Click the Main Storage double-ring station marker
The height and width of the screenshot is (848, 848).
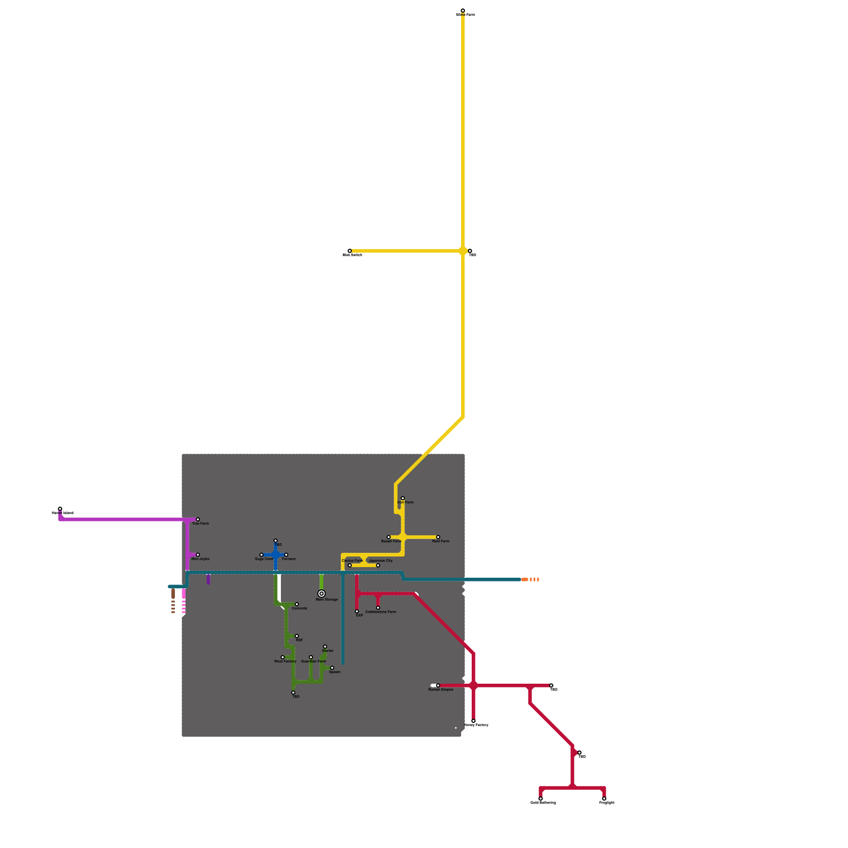tap(321, 594)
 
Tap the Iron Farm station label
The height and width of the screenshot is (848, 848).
tap(406, 502)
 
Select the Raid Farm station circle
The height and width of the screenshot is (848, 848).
tap(438, 537)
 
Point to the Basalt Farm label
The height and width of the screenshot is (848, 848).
tap(391, 541)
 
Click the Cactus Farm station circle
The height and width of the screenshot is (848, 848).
tap(350, 566)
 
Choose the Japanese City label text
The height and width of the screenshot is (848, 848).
tap(381, 561)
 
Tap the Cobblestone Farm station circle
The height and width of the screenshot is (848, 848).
tap(378, 608)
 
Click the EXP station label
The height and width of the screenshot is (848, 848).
tap(359, 615)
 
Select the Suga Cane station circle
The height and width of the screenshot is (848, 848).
tap(261, 555)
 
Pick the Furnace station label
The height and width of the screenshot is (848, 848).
tap(289, 559)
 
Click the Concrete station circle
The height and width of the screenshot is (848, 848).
tap(297, 604)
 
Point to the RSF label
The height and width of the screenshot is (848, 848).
tap(299, 640)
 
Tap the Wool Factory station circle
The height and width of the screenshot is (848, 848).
tap(282, 657)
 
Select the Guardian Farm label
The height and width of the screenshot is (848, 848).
tap(314, 661)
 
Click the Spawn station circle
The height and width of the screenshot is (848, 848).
tap(332, 668)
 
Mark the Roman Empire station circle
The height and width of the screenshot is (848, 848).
tap(438, 686)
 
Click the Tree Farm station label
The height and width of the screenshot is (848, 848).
tap(200, 524)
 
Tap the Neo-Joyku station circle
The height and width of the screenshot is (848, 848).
tap(198, 555)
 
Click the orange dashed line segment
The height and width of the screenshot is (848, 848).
tap(531, 580)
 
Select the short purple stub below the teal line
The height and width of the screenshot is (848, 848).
tap(208, 579)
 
